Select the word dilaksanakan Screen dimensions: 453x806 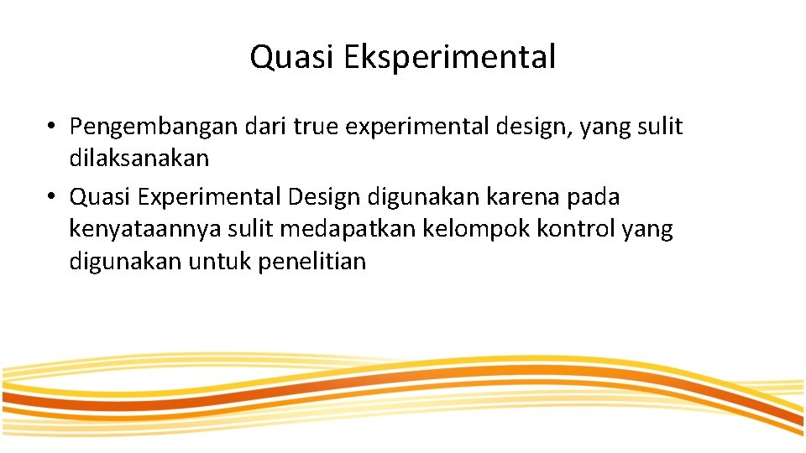point(139,158)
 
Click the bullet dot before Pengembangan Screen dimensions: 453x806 point(52,128)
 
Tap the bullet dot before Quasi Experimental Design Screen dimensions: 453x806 point(52,197)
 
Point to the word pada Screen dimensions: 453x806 point(592,197)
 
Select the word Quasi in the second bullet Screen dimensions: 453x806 point(101,197)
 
